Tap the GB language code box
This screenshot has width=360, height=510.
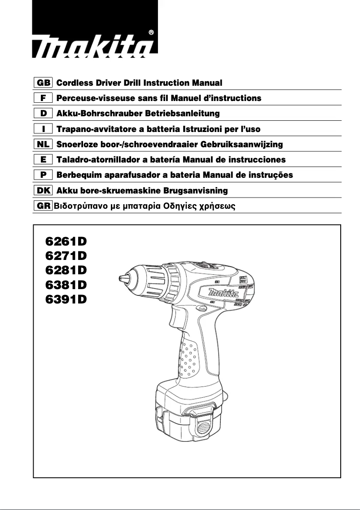point(44,83)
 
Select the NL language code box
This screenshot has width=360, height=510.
point(44,144)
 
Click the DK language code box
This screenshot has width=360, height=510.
point(44,190)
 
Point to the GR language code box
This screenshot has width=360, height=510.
point(44,206)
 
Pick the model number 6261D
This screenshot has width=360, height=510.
point(66,242)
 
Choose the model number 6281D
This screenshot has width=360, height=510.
point(66,270)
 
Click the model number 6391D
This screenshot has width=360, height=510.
point(66,299)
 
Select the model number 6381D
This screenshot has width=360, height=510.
point(66,285)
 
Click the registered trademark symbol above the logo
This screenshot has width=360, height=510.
point(151,32)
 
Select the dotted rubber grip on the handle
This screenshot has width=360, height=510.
point(189,359)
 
